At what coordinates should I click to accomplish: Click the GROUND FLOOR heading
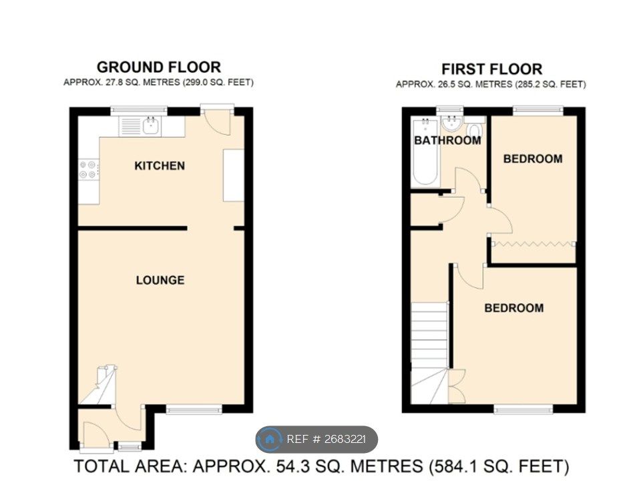click(x=158, y=67)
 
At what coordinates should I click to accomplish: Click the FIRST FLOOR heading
click(x=491, y=69)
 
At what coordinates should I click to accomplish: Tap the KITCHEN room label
click(x=160, y=166)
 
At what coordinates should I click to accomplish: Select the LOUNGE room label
click(x=160, y=280)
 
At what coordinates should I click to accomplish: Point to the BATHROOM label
click(x=447, y=140)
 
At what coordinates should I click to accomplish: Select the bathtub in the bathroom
click(x=425, y=152)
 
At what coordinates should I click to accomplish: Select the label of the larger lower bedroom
click(x=513, y=308)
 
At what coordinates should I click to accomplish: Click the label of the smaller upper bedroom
click(x=532, y=159)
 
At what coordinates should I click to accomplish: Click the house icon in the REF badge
click(x=270, y=439)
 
